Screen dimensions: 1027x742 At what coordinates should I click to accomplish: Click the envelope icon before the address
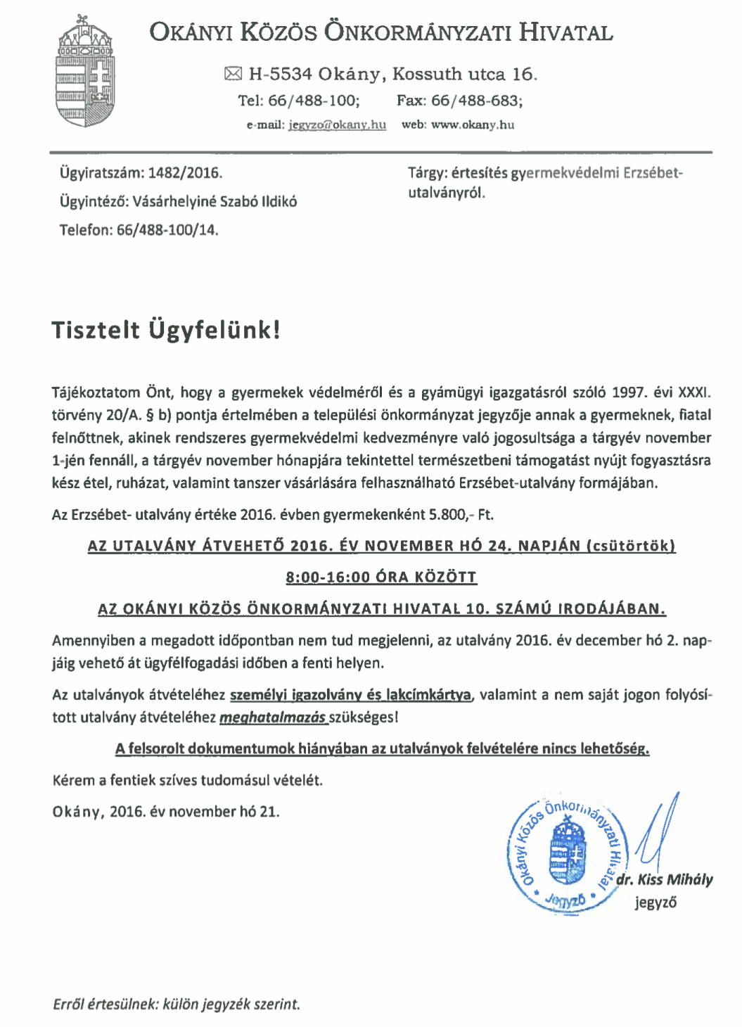[233, 74]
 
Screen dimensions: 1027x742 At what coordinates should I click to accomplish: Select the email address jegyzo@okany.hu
[337, 125]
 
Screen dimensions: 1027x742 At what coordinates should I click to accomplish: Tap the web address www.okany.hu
[472, 125]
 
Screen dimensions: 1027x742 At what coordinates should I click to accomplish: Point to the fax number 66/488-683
[476, 101]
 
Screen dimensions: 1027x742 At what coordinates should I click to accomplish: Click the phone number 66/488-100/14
[167, 230]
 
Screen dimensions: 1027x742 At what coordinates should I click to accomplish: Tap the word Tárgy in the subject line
[426, 173]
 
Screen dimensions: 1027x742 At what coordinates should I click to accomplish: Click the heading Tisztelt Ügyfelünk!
[166, 330]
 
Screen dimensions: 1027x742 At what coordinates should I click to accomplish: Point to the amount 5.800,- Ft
[461, 515]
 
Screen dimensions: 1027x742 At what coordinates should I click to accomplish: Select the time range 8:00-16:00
[328, 578]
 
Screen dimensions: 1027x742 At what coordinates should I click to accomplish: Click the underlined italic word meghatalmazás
[273, 718]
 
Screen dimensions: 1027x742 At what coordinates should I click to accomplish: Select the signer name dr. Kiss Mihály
[665, 880]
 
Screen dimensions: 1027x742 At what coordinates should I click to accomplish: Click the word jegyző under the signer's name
[655, 902]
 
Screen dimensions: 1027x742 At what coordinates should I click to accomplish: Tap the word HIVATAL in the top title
[566, 32]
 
